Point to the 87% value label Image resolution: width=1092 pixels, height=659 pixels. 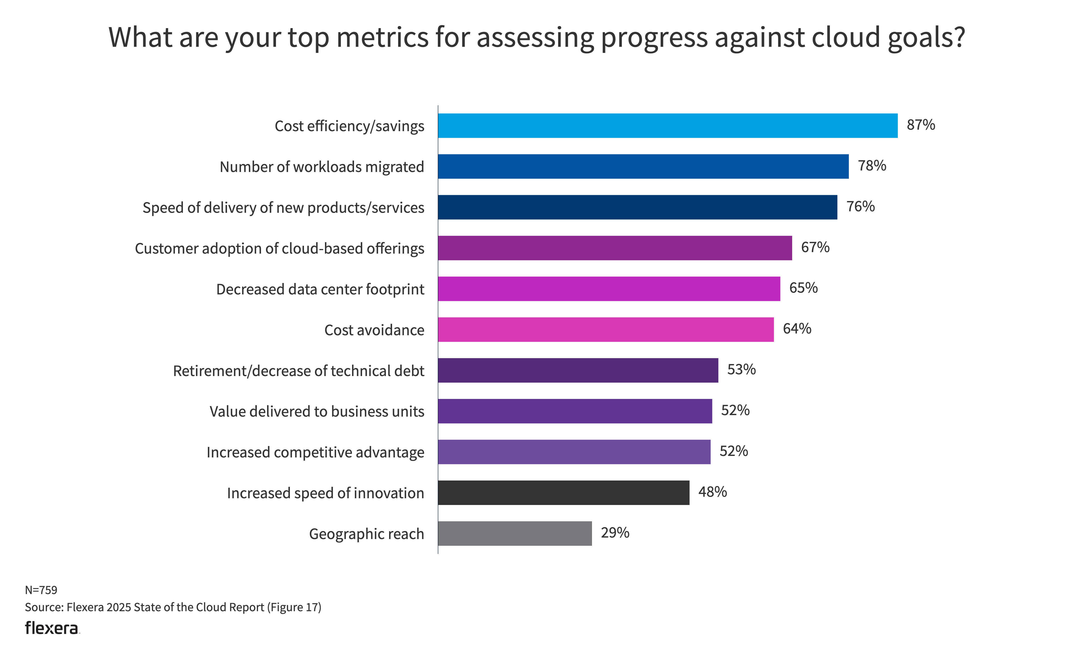920,125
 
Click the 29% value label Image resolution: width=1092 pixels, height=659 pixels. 615,533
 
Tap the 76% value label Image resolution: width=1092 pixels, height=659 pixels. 860,207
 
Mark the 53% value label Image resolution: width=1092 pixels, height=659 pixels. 741,369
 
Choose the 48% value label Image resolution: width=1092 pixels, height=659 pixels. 712,492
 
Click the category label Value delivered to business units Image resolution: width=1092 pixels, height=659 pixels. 317,412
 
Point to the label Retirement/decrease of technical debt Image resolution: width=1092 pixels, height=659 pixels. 298,371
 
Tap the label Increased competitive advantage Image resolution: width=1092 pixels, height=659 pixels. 315,452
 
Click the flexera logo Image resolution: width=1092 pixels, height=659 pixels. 52,628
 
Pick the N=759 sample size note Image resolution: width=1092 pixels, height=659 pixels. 41,590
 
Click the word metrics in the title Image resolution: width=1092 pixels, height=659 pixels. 382,37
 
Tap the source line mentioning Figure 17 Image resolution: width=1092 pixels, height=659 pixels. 173,607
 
